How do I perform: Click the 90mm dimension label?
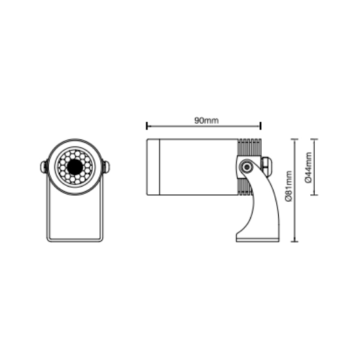(x=206, y=120)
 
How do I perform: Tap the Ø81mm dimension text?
(x=289, y=186)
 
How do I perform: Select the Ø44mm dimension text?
(x=308, y=168)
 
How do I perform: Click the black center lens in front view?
(x=75, y=167)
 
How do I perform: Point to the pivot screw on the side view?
(x=247, y=167)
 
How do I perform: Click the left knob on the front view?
(x=44, y=167)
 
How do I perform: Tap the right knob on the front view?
(x=106, y=167)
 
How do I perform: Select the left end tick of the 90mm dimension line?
(x=147, y=126)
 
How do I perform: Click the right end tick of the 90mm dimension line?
(x=261, y=126)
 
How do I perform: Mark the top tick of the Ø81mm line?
(x=295, y=139)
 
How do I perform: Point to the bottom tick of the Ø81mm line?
(x=295, y=242)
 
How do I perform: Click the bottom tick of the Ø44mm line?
(x=314, y=195)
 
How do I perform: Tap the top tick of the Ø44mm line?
(x=314, y=139)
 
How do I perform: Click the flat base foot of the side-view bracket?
(x=258, y=240)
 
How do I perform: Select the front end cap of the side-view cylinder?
(x=153, y=167)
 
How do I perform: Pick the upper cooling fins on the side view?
(x=249, y=147)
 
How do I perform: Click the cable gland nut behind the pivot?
(x=265, y=166)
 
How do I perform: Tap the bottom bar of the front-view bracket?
(x=75, y=240)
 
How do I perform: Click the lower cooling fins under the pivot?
(x=245, y=187)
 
